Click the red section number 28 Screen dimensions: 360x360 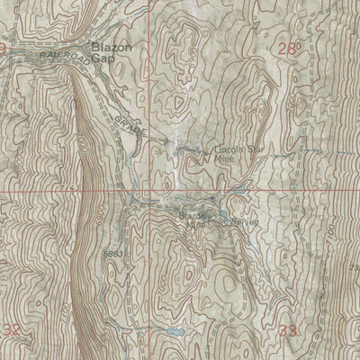(287, 51)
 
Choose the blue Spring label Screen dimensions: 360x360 (244, 219)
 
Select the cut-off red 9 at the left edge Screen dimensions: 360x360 (4, 47)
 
